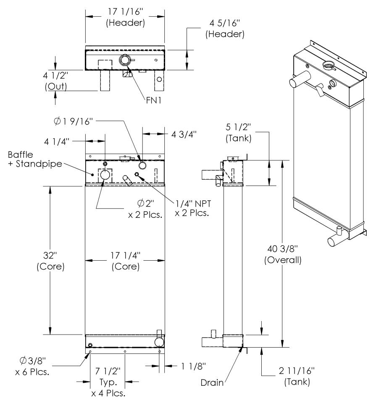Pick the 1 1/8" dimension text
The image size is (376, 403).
tap(185, 366)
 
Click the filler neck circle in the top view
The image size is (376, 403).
tap(125, 60)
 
